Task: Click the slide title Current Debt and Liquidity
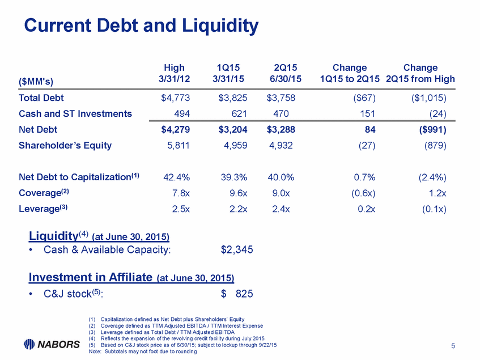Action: pos(139,26)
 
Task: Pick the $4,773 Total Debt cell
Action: pos(176,98)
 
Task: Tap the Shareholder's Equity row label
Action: pos(65,145)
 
